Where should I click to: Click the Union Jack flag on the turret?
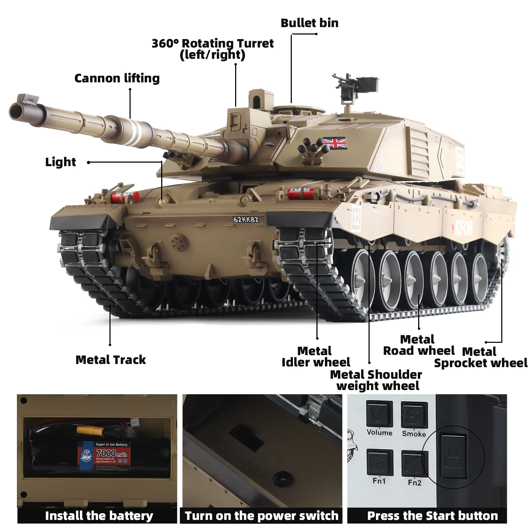tap(335, 143)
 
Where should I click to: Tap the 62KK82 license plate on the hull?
tap(246, 219)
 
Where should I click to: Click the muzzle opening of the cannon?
tap(16, 111)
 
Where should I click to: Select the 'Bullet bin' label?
tap(309, 23)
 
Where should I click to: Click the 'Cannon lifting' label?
tap(117, 78)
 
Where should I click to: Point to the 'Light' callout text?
tap(61, 162)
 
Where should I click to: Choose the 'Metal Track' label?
tap(111, 360)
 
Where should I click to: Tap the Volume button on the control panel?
tap(379, 414)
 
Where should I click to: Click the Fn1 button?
tap(379, 462)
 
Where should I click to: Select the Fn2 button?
tap(414, 463)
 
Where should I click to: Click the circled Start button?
tap(453, 456)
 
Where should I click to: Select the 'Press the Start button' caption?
tap(432, 516)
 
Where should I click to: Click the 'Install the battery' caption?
tap(99, 516)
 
